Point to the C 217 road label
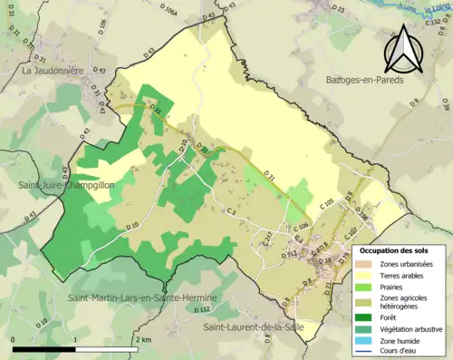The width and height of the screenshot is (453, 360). click(267, 238)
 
